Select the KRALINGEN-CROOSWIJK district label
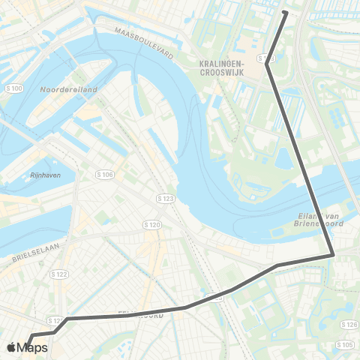point(226,69)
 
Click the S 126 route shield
point(349,324)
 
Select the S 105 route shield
point(345,344)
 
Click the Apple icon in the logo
point(11,347)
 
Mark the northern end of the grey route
point(285,12)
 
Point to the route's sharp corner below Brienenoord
point(333,256)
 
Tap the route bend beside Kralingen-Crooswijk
point(267,64)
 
